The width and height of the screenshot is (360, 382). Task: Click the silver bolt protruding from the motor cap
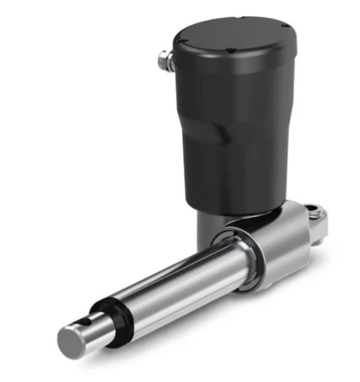(164, 61)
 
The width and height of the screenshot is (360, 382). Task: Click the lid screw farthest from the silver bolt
(285, 26)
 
